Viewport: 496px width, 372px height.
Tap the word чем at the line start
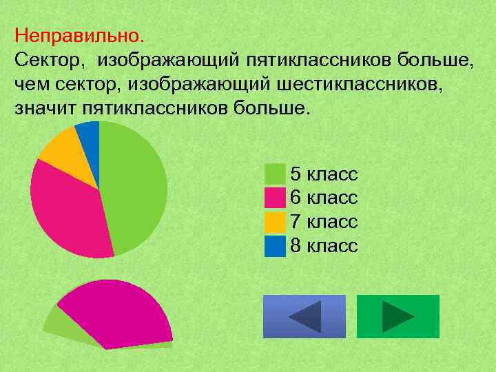[x=28, y=83]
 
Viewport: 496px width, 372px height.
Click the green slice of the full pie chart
[x=134, y=186]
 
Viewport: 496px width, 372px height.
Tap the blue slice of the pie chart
[x=89, y=132]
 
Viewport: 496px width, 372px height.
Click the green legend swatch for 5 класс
[x=275, y=174]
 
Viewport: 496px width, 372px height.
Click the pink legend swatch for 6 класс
[x=275, y=198]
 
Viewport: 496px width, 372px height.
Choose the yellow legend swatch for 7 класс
[x=275, y=222]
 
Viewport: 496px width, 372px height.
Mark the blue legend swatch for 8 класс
[x=275, y=246]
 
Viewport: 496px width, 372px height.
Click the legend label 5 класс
[x=324, y=174]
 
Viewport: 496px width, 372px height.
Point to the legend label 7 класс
[x=324, y=222]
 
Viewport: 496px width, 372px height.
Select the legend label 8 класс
[x=324, y=246]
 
